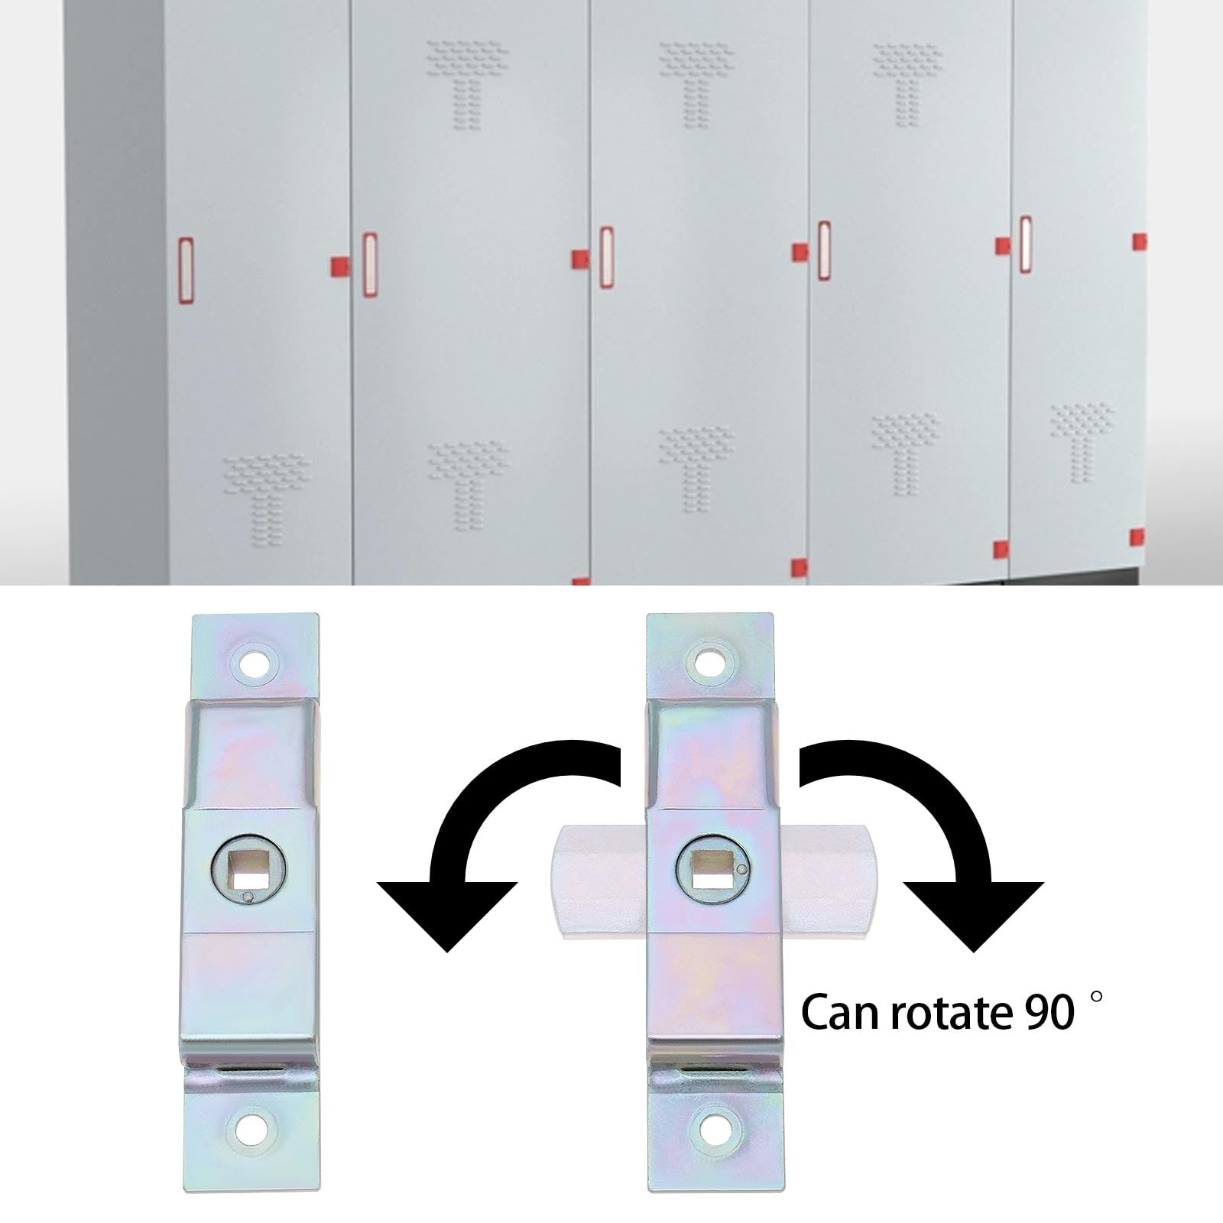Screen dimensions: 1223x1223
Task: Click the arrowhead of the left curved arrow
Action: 448,913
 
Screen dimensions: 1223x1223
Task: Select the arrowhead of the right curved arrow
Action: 974,914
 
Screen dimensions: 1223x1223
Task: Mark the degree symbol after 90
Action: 1097,997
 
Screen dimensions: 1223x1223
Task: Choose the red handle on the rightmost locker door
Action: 1026,245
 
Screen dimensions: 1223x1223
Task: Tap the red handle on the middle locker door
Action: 607,257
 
